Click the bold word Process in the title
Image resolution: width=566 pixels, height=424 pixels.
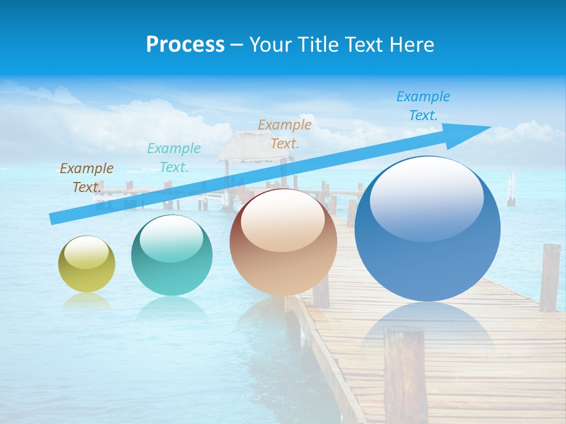click(185, 45)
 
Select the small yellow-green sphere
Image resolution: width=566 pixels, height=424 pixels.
click(87, 264)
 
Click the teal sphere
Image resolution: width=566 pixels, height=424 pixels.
click(172, 255)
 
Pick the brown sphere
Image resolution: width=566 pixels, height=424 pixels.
click(283, 242)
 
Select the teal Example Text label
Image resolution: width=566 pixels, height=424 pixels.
click(174, 158)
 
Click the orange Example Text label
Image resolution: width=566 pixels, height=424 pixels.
click(285, 134)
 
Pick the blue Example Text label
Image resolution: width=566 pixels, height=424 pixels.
click(423, 106)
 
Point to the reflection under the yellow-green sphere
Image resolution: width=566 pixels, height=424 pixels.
click(87, 301)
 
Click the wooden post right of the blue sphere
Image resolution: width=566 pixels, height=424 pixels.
click(549, 277)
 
